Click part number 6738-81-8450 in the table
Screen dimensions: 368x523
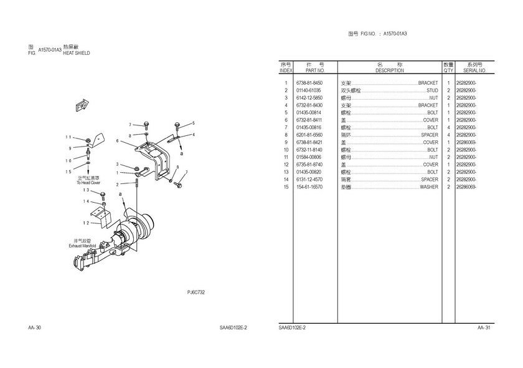coord(309,83)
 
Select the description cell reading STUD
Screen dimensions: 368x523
coord(432,90)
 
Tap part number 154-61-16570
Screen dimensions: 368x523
coord(309,187)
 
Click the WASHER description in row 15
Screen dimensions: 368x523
coord(429,187)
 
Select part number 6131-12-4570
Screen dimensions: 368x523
coord(309,180)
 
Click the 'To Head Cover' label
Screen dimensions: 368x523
coord(88,183)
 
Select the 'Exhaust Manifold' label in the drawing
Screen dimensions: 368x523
coord(84,246)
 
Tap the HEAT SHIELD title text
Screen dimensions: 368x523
coord(77,54)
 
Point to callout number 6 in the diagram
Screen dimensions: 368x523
coord(117,141)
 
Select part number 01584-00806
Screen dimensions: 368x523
coord(309,157)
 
